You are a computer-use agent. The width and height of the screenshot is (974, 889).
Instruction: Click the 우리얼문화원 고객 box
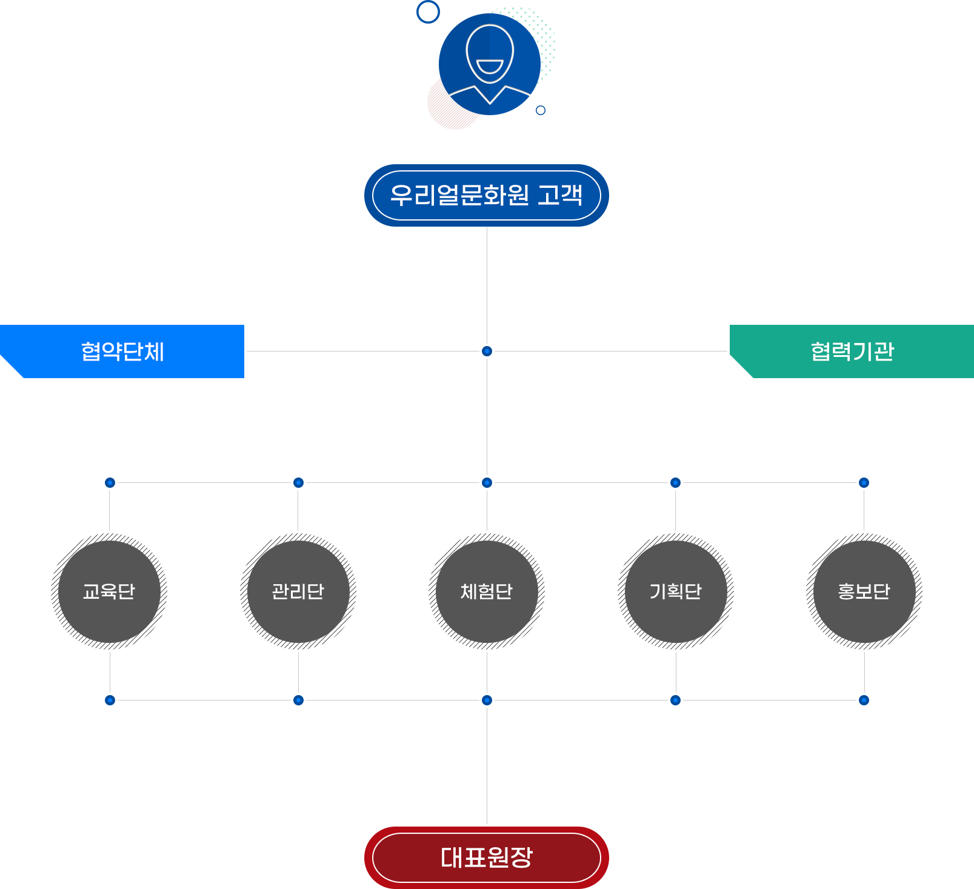coord(486,195)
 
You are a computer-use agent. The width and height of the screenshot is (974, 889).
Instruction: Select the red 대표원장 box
coord(486,857)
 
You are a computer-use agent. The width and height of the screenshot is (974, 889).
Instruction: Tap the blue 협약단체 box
coord(123,351)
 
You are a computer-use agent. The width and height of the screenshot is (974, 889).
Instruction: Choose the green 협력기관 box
coord(852,351)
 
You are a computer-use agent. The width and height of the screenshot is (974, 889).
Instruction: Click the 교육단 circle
coord(109,591)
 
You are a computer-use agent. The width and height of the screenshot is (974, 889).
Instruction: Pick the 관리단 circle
coord(298,591)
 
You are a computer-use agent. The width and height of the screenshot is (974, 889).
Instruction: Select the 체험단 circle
coord(487,591)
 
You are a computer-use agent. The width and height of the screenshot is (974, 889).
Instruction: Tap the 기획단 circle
coord(676,591)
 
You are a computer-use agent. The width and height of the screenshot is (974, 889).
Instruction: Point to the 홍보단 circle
coord(864,591)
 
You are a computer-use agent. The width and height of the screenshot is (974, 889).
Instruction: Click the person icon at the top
coord(490,64)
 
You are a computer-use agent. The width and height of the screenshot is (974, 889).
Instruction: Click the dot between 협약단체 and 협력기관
coord(487,351)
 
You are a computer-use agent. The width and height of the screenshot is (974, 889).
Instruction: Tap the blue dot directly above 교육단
coord(110,482)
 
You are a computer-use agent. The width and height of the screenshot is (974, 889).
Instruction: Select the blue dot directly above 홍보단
coord(864,482)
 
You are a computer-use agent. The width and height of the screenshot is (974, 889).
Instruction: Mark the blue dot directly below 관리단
coord(298,700)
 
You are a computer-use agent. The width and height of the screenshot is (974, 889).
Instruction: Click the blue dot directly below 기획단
coord(676,700)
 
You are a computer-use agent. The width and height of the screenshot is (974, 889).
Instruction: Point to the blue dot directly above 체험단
coord(487,482)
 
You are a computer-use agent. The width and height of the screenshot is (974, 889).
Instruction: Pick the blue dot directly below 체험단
coord(487,700)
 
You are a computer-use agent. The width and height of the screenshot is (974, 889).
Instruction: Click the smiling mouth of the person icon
coord(490,67)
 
